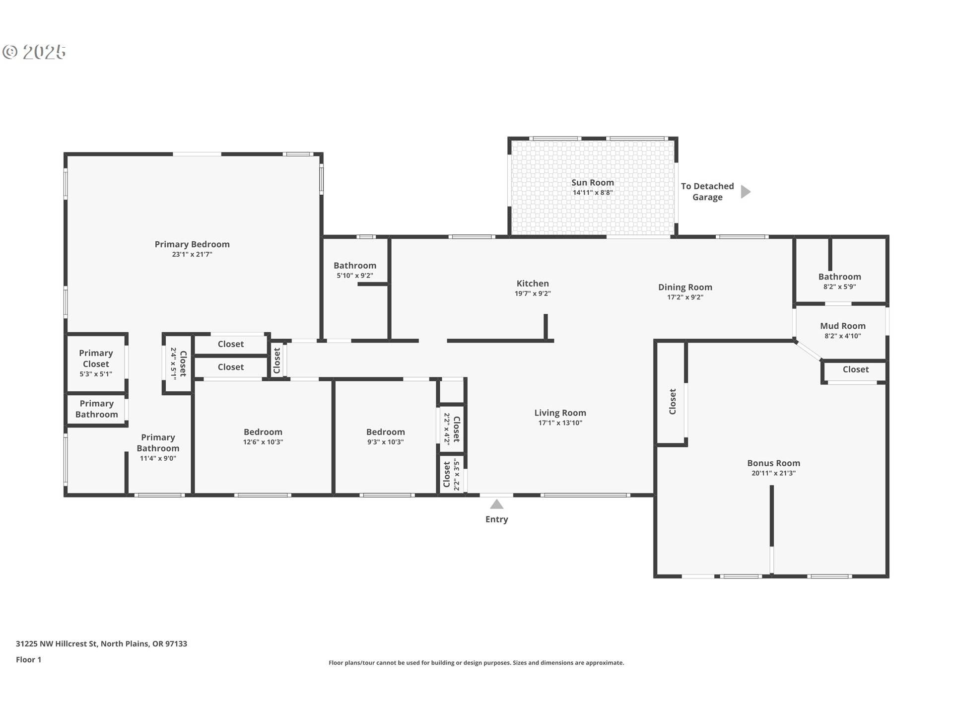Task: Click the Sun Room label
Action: [x=593, y=182]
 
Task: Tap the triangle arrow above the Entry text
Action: [x=497, y=504]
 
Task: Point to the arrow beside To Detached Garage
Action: [x=746, y=192]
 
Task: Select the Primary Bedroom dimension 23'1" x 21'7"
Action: [x=192, y=254]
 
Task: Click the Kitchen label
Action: [x=533, y=284]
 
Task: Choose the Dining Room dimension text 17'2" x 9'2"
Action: [x=685, y=297]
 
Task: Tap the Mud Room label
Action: [x=843, y=326]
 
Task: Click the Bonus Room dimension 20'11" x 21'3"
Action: [x=773, y=473]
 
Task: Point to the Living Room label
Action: [x=560, y=413]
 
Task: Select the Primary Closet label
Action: [x=96, y=358]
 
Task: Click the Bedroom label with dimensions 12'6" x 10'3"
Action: [x=263, y=432]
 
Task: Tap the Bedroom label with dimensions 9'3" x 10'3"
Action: [x=386, y=432]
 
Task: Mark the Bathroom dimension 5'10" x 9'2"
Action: [x=355, y=276]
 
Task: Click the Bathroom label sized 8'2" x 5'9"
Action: [x=840, y=277]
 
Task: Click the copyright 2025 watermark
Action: [x=34, y=52]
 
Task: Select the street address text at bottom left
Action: [x=101, y=643]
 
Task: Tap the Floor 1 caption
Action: [x=28, y=659]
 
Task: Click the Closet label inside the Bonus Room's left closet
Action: [x=673, y=402]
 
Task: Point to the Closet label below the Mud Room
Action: [x=856, y=369]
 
